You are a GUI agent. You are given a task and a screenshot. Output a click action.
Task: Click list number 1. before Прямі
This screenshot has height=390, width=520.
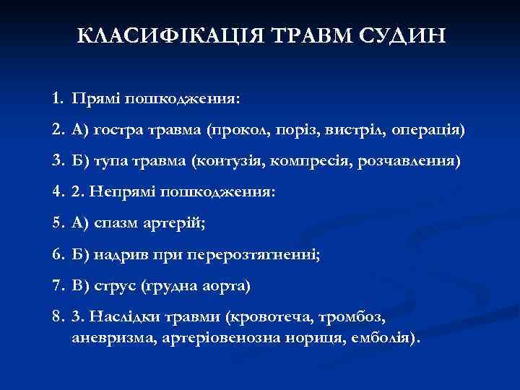click(x=58, y=96)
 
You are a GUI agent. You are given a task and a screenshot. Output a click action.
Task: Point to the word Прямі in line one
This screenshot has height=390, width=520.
click(x=96, y=96)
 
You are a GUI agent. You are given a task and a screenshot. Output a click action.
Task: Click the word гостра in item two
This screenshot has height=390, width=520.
click(x=116, y=131)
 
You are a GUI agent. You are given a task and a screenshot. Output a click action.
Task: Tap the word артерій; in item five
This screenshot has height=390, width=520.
click(x=177, y=224)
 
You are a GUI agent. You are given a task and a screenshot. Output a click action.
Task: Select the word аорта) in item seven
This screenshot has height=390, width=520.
click(x=225, y=286)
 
